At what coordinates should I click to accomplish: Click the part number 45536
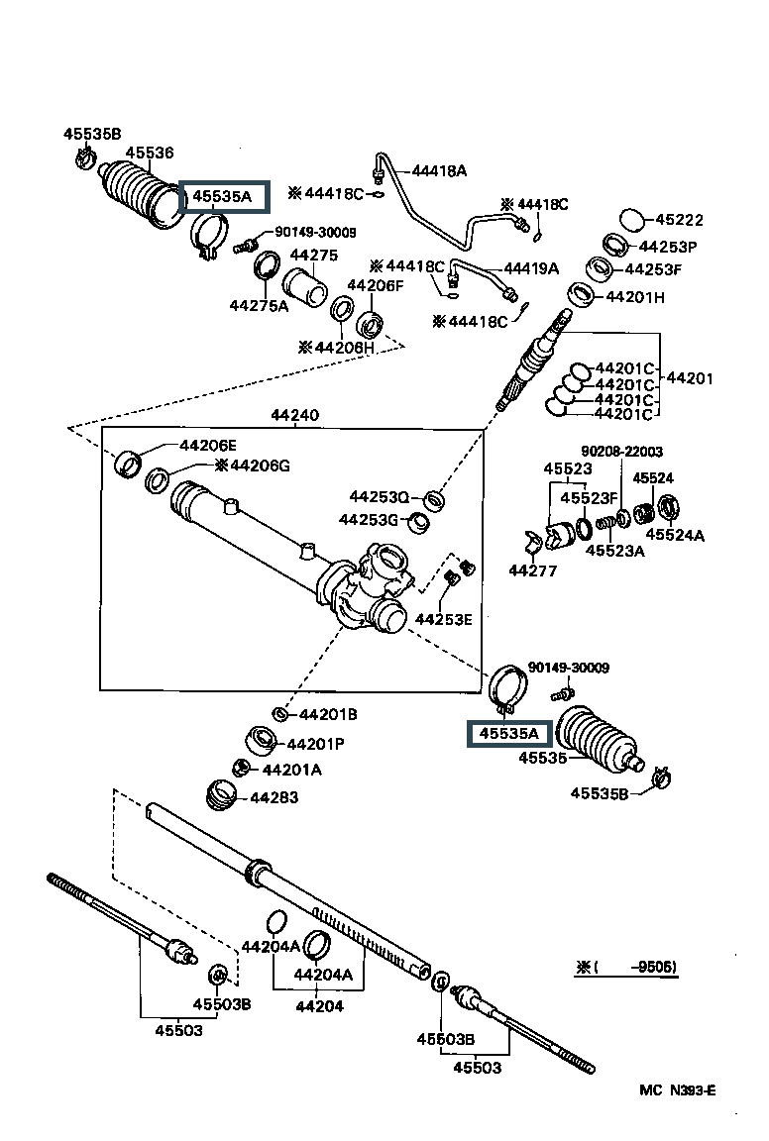click(x=149, y=153)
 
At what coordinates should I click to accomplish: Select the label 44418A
click(x=439, y=170)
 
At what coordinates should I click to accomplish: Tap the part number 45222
click(x=680, y=221)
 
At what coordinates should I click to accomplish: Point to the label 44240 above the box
click(x=294, y=416)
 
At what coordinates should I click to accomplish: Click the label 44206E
click(x=209, y=446)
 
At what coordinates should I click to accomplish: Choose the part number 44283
click(x=274, y=797)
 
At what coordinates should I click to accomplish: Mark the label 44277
click(x=532, y=570)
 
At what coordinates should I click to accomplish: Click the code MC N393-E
click(x=677, y=1090)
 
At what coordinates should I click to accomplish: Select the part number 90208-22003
click(x=621, y=451)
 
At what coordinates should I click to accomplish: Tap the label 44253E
click(x=443, y=619)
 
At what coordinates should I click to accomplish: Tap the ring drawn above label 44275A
click(x=267, y=266)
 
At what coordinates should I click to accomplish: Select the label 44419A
click(x=531, y=267)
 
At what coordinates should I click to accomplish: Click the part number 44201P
click(x=316, y=743)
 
